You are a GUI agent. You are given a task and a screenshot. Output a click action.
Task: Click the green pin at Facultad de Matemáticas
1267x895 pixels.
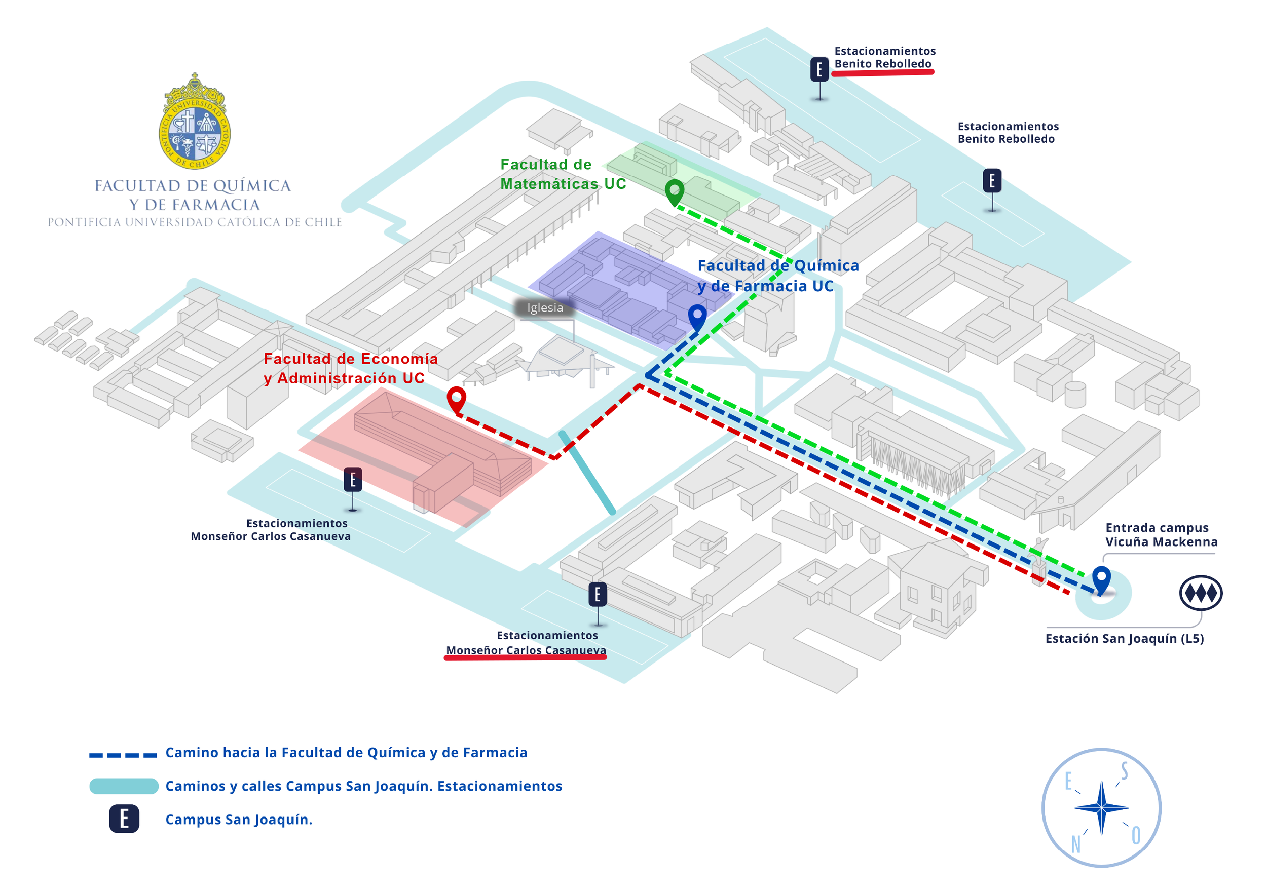tap(675, 192)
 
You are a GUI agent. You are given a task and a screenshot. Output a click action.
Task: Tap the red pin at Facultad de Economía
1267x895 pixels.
tap(456, 399)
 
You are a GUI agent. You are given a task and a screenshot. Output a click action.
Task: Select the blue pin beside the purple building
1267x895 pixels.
tap(697, 318)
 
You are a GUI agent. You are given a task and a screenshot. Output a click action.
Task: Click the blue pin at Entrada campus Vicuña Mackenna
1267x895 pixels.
tap(1101, 580)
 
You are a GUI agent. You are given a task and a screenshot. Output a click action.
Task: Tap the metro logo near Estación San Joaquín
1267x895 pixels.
tap(1201, 593)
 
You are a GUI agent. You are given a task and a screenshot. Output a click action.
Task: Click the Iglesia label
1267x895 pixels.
tap(545, 308)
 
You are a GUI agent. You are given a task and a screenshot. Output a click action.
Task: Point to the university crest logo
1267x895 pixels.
tap(194, 122)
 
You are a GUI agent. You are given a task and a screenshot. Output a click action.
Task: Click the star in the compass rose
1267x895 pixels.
tap(1101, 808)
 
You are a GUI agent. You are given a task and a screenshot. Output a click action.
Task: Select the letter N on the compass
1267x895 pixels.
tap(1076, 844)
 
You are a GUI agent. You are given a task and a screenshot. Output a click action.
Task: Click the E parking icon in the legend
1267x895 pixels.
tap(124, 819)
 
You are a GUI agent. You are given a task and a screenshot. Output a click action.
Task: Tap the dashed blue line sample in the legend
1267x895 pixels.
tap(123, 755)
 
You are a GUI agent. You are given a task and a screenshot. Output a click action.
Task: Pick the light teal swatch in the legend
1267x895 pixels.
tap(124, 786)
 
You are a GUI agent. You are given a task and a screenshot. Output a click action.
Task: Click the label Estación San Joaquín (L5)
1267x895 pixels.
tap(1125, 639)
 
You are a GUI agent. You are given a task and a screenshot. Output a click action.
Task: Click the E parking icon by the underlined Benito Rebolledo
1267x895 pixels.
tap(819, 69)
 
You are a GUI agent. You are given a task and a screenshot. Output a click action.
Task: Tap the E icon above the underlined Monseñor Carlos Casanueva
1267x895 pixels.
tap(598, 595)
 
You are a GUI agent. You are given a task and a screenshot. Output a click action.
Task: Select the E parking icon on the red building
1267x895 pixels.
tap(353, 480)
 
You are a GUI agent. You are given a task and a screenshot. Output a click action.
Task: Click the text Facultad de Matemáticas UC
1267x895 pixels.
tap(563, 174)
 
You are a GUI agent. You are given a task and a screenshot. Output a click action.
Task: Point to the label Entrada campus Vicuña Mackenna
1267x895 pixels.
tap(1162, 535)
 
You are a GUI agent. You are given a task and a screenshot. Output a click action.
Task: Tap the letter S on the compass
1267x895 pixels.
tap(1124, 770)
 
